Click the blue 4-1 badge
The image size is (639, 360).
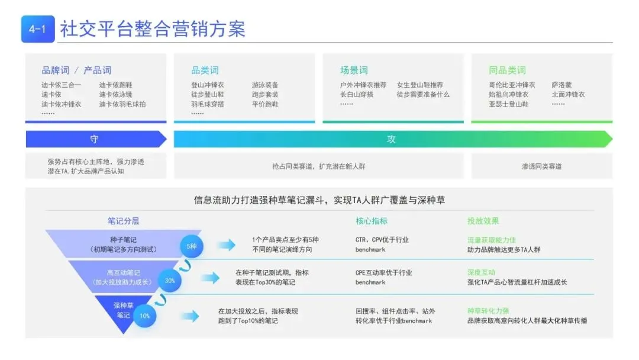click(x=38, y=29)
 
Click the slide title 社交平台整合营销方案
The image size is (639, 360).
click(x=153, y=29)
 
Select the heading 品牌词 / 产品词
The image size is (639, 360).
click(x=76, y=70)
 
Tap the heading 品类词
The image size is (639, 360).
click(x=205, y=70)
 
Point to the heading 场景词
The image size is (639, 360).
click(x=354, y=70)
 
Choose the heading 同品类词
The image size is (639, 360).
click(x=507, y=70)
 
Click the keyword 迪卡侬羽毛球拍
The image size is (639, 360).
click(x=122, y=104)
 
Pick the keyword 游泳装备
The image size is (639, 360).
click(x=265, y=85)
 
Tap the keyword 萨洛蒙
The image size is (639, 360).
click(x=561, y=85)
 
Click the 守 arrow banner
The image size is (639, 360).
click(x=95, y=139)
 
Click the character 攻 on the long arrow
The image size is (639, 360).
click(x=391, y=139)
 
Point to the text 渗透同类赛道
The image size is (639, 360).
click(x=541, y=166)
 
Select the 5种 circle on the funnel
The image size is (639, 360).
click(x=192, y=245)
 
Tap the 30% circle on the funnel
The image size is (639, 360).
click(x=169, y=281)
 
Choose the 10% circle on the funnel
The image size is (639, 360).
click(x=145, y=316)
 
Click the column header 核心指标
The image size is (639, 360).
click(x=372, y=221)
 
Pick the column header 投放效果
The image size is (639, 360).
click(x=483, y=221)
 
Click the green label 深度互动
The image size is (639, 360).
click(x=481, y=273)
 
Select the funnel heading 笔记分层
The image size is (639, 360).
click(x=124, y=221)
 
